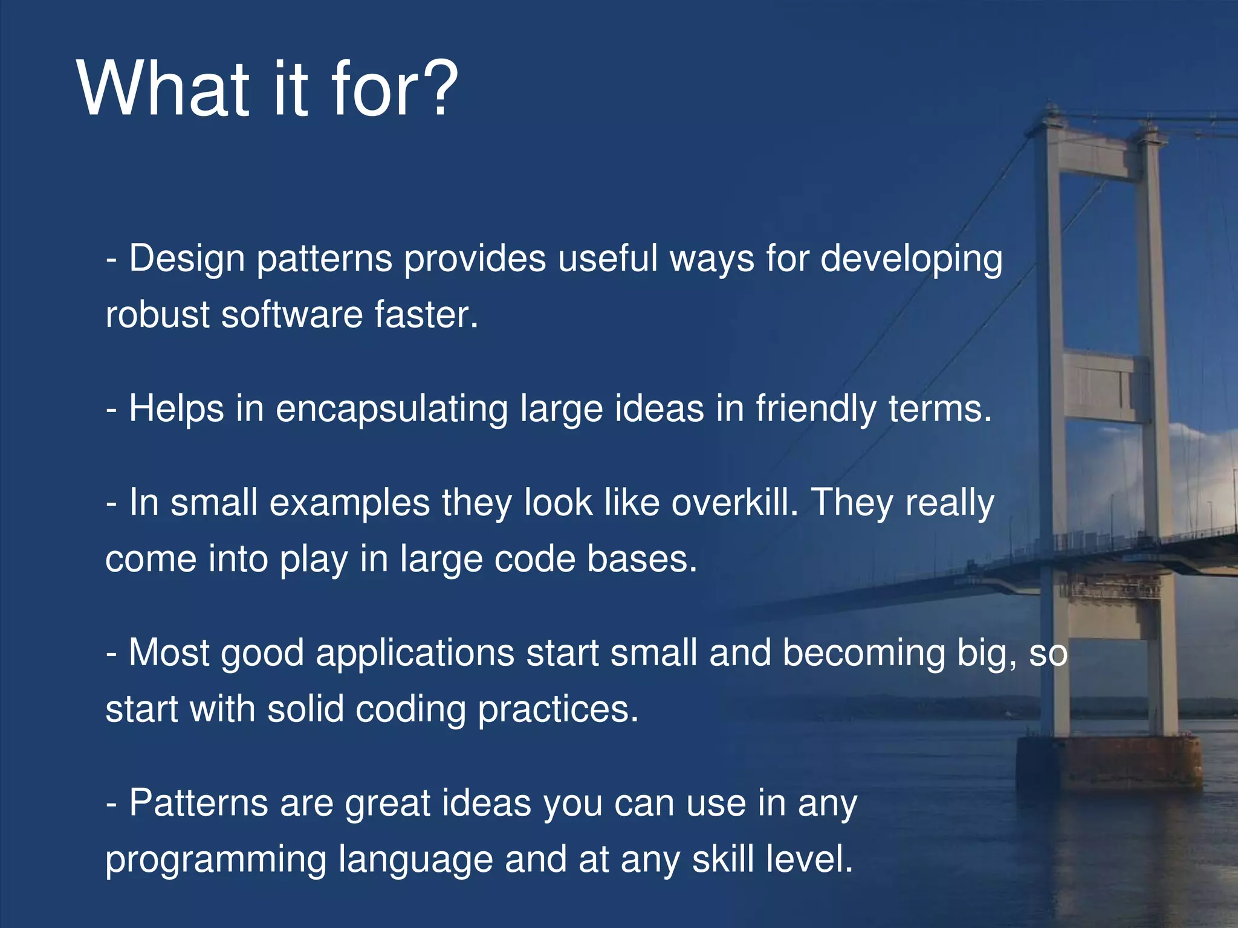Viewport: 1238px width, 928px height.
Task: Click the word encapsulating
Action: click(392, 410)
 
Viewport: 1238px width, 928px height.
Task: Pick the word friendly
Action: click(815, 410)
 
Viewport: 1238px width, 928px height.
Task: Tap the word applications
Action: click(415, 653)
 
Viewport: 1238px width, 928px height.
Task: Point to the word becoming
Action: click(863, 653)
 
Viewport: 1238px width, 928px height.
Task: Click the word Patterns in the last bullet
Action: click(198, 804)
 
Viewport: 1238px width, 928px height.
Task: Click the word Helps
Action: click(177, 408)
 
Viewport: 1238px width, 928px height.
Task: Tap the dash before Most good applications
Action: click(111, 654)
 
